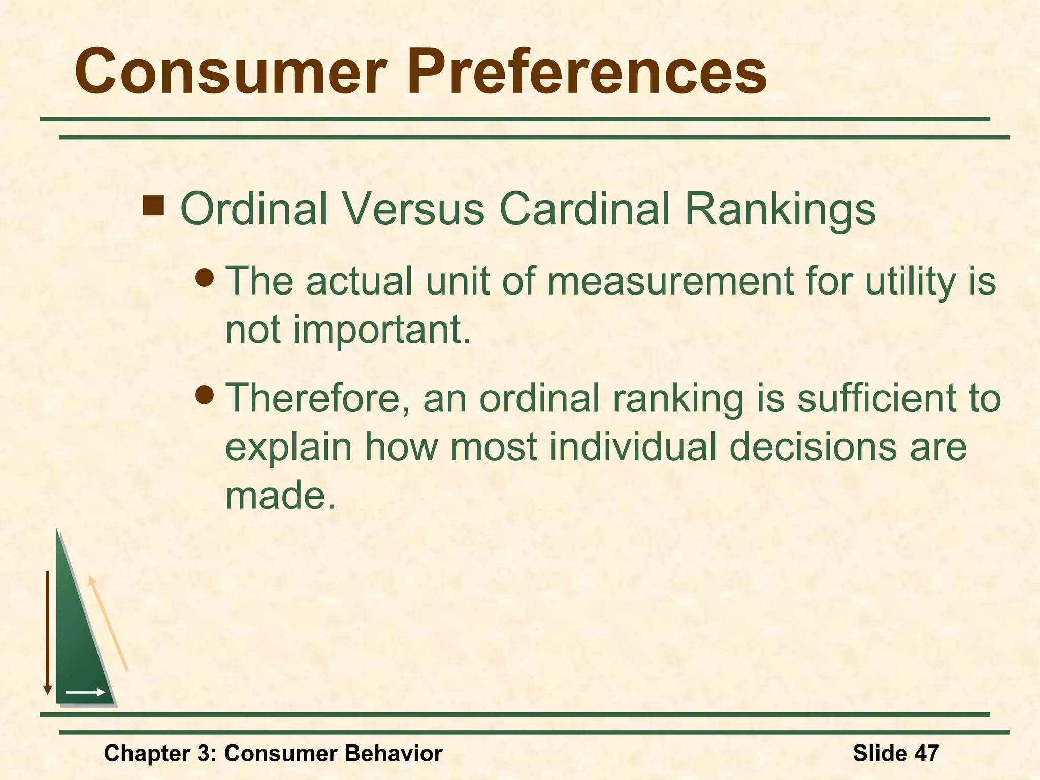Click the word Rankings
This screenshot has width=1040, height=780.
[x=780, y=210]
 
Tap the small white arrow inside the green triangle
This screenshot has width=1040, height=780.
[x=85, y=692]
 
